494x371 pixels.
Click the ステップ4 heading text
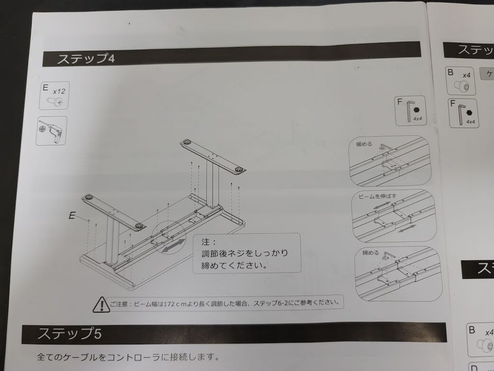click(x=86, y=59)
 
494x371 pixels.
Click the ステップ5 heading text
click(x=70, y=333)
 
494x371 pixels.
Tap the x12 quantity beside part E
click(x=59, y=92)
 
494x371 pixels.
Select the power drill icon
click(x=52, y=130)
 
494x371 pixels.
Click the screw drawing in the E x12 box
click(x=55, y=101)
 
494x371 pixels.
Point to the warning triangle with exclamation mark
click(x=101, y=304)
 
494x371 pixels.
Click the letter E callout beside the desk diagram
click(x=72, y=216)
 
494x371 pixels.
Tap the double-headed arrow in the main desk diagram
click(x=174, y=246)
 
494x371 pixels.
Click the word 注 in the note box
click(x=206, y=242)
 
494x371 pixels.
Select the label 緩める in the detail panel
click(x=364, y=144)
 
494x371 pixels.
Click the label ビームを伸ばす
click(x=377, y=196)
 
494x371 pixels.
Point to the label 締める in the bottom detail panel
click(x=370, y=253)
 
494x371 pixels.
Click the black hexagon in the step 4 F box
click(x=417, y=110)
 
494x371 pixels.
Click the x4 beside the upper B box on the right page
click(x=466, y=76)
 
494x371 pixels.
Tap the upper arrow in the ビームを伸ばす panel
click(x=382, y=205)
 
